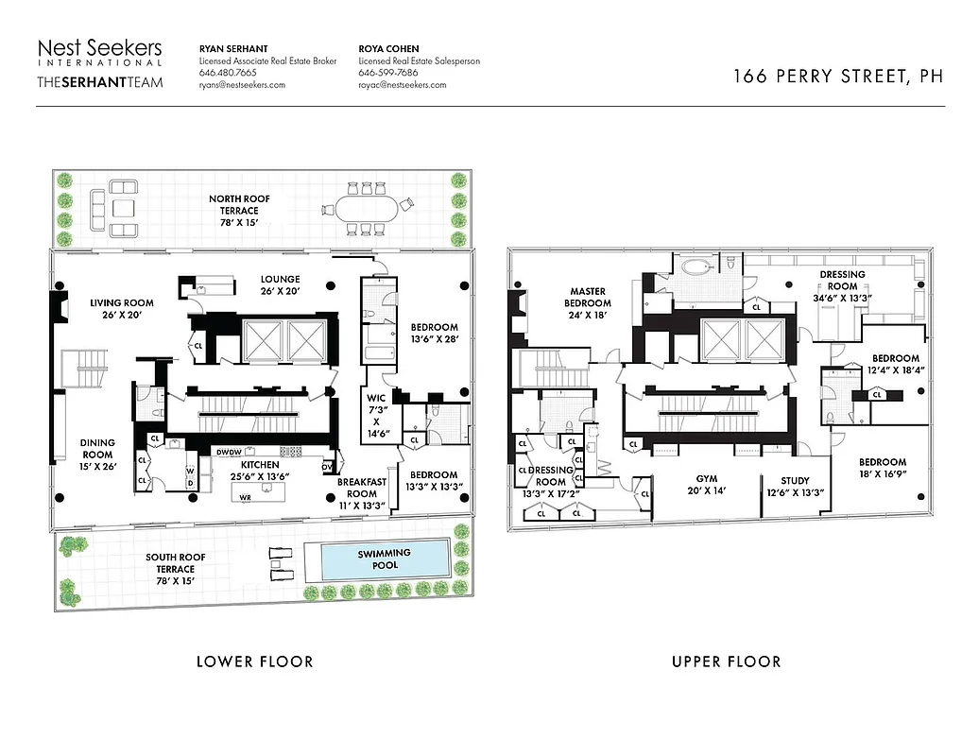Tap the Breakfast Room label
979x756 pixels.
coord(362,487)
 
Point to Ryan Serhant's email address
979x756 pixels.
coord(242,85)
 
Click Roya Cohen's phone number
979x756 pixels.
coord(387,73)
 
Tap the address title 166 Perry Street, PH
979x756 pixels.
coord(837,77)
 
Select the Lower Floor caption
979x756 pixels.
coord(254,661)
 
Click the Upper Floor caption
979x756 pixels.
coord(726,661)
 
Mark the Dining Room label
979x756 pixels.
coord(97,455)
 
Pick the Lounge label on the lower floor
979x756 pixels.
coord(281,285)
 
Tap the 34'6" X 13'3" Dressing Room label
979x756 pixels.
coord(842,286)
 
